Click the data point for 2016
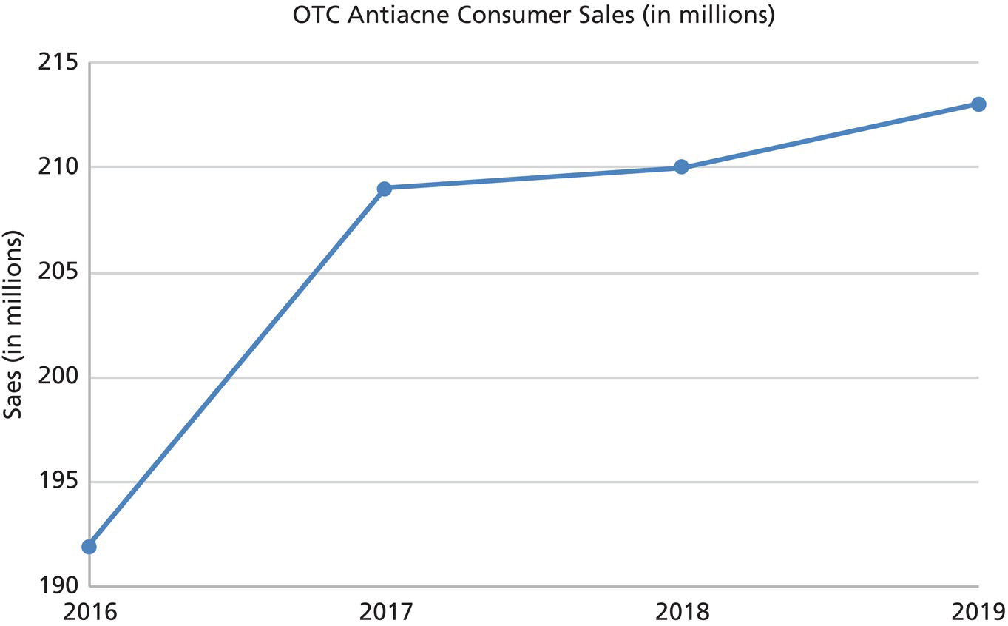pyautogui.click(x=89, y=547)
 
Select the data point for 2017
pyautogui.click(x=384, y=189)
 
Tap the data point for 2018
pyautogui.click(x=681, y=167)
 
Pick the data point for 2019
pyautogui.click(x=978, y=104)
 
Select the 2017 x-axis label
pyautogui.click(x=385, y=611)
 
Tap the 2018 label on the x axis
pyautogui.click(x=681, y=611)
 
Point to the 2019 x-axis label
pyautogui.click(x=978, y=611)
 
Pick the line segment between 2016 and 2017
pyautogui.click(x=237, y=368)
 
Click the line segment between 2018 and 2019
pyautogui.click(x=830, y=136)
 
